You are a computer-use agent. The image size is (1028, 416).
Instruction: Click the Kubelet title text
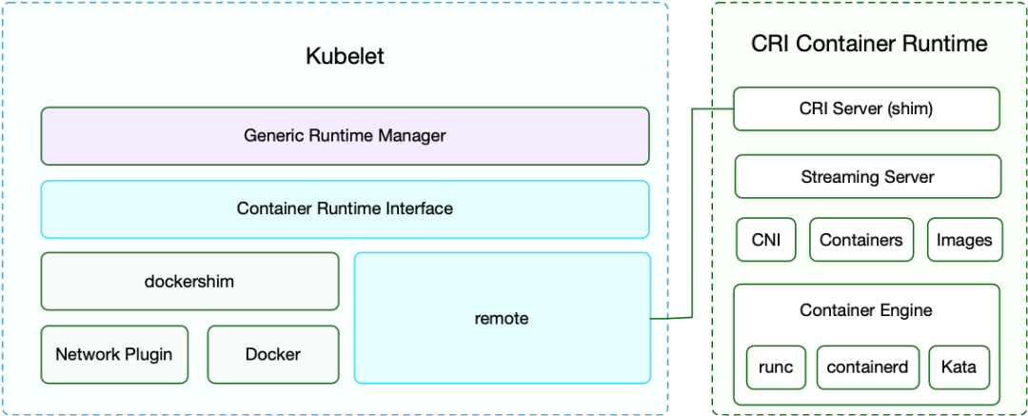(x=345, y=56)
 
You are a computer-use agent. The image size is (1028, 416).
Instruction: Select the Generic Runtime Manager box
(x=345, y=136)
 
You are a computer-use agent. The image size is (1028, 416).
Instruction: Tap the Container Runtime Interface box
(x=345, y=208)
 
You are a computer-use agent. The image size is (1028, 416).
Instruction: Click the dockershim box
(x=189, y=281)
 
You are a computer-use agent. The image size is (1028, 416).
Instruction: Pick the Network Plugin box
(x=114, y=354)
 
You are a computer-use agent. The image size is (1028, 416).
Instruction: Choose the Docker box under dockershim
(x=273, y=354)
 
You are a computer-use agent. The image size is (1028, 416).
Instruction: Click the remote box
(x=502, y=319)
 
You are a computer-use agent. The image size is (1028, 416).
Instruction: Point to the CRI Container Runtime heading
(x=869, y=44)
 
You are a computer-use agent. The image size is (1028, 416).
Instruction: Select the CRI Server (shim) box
(x=867, y=109)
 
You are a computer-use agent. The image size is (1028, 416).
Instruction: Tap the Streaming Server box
(x=867, y=177)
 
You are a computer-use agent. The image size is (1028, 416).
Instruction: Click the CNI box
(x=765, y=240)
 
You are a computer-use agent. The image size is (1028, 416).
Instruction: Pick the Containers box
(x=860, y=240)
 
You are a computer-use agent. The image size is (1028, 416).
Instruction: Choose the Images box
(x=964, y=240)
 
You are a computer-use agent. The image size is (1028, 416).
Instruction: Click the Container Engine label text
(x=866, y=310)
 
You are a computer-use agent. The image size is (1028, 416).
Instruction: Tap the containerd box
(x=867, y=366)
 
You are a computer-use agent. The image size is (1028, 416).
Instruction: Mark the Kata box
(x=959, y=366)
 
